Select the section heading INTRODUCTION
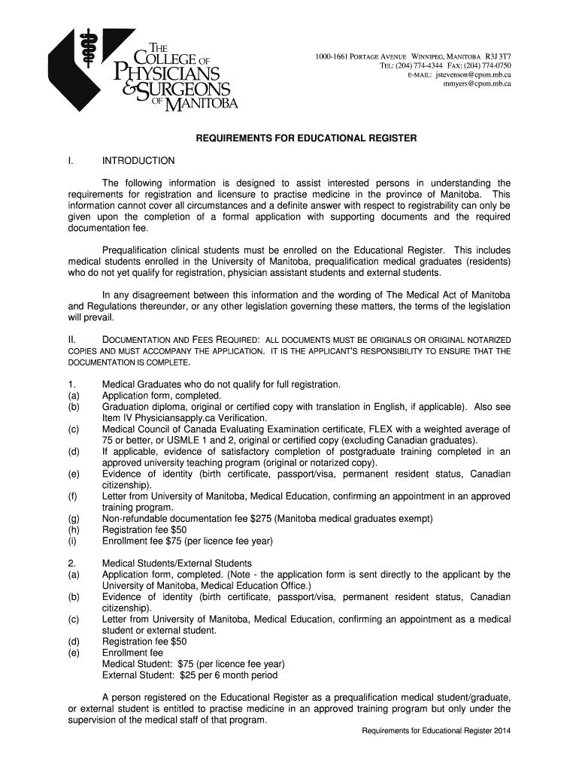coord(138,161)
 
